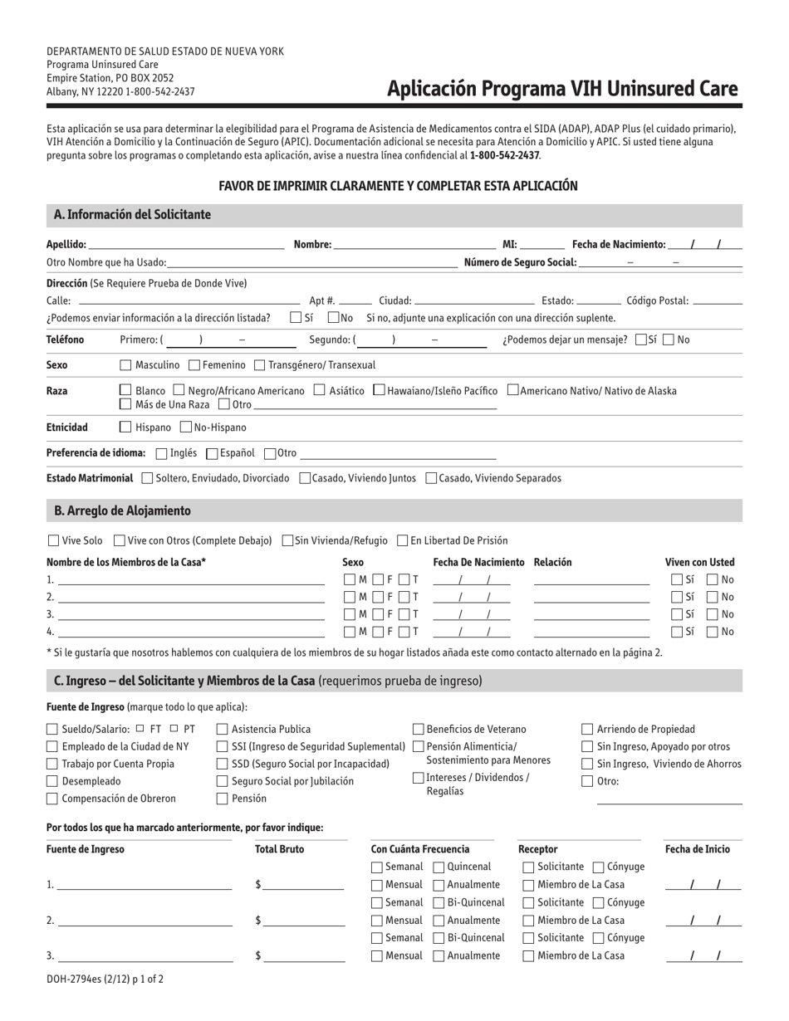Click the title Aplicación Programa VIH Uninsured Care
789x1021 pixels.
point(562,90)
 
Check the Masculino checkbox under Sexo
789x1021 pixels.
point(125,365)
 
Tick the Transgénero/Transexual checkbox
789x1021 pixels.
point(259,365)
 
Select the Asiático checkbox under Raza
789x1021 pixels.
point(320,391)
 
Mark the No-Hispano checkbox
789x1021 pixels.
point(185,427)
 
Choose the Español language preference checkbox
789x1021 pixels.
point(211,454)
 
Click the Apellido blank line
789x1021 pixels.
point(186,246)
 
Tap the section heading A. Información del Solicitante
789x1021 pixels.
point(132,215)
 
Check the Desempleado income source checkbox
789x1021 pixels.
point(52,782)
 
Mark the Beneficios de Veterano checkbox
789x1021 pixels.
point(419,730)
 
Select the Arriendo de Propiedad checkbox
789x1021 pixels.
point(587,730)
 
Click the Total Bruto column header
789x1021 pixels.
point(279,849)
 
